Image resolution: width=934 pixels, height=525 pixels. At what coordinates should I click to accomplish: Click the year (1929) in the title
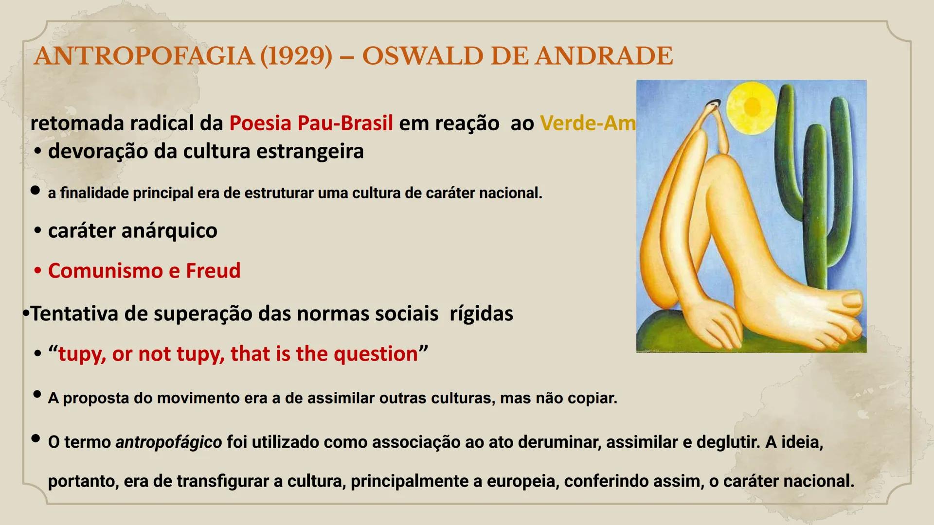pos(296,56)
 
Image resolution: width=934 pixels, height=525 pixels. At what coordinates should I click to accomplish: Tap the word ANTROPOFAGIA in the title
pos(144,56)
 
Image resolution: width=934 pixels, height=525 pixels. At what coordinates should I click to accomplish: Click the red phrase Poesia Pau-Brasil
pos(311,123)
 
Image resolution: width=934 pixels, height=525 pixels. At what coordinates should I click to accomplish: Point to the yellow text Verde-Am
pos(588,123)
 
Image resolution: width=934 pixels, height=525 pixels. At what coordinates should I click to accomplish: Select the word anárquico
pos(169,230)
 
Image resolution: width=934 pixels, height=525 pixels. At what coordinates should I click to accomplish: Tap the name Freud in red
pos(213,271)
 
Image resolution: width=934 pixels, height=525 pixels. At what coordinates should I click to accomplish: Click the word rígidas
pos(481,314)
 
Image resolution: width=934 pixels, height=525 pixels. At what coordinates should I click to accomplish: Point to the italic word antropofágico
pos(168,442)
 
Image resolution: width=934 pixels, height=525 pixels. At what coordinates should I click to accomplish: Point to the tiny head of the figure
pos(714,104)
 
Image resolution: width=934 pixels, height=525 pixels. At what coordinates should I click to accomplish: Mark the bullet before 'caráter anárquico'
pos(38,230)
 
